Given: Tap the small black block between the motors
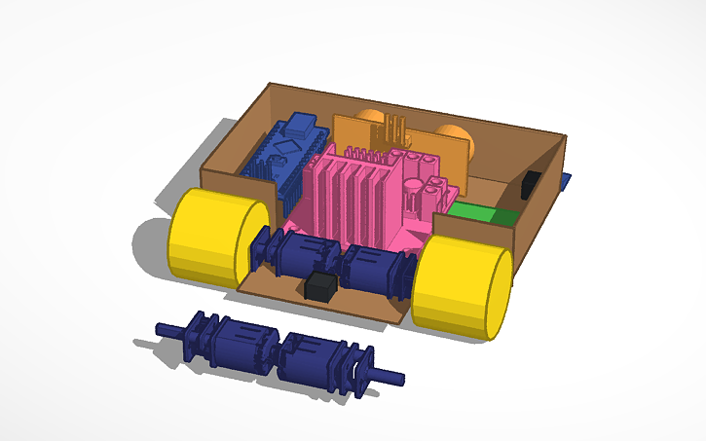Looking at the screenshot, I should tap(320, 286).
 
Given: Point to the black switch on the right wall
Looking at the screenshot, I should tap(533, 184).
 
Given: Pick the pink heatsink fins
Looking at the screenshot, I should tap(352, 195).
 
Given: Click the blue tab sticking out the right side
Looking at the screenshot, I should tap(566, 181).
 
